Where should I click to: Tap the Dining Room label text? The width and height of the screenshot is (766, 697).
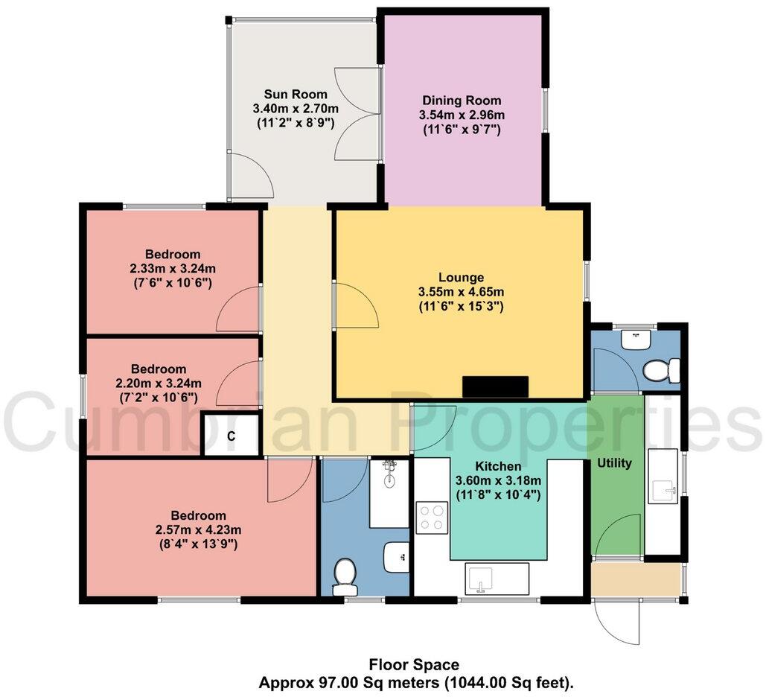(462, 100)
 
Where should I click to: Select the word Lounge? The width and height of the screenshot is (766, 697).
(461, 277)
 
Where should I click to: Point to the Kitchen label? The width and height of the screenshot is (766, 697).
(497, 465)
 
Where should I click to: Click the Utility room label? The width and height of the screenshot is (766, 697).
(615, 463)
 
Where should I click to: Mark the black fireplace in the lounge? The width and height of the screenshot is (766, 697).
(495, 387)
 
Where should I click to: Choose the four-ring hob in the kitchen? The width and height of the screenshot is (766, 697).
(432, 518)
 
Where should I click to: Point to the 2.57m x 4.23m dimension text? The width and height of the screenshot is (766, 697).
(198, 529)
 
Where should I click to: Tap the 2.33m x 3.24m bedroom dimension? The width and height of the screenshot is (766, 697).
(173, 268)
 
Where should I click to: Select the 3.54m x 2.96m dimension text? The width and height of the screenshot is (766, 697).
(462, 114)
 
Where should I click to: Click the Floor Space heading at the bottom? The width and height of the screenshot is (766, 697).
(414, 664)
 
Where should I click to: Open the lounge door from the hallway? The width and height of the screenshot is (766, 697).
(355, 305)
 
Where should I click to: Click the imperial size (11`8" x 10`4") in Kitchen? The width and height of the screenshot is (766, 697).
(497, 494)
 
